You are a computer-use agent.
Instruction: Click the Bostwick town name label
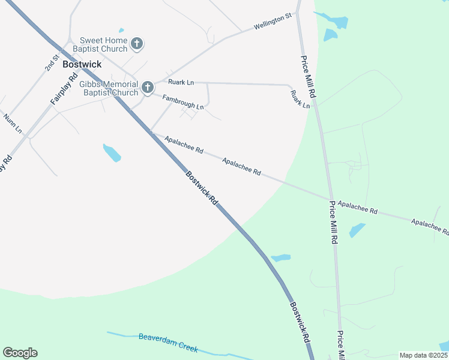(x=82, y=64)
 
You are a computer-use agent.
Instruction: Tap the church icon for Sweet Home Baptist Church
(x=137, y=43)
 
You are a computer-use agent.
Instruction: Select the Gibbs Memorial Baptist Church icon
(x=148, y=88)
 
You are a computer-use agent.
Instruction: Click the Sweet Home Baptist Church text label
(x=100, y=44)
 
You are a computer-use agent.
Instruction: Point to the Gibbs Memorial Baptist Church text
(x=109, y=88)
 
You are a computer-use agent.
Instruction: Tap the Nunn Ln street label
(x=13, y=123)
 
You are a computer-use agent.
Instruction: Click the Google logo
(x=20, y=353)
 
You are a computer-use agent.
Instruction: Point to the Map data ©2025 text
(x=423, y=355)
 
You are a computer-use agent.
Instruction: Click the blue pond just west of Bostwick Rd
(x=112, y=153)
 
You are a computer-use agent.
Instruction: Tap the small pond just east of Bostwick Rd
(x=281, y=258)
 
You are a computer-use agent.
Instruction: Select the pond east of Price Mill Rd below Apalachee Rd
(x=357, y=230)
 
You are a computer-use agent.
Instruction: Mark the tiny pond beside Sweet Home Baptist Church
(x=121, y=30)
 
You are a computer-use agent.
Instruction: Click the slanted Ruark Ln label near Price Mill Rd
(x=300, y=99)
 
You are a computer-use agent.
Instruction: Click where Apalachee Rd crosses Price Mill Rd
(x=329, y=199)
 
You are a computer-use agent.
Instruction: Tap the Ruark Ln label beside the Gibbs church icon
(x=181, y=82)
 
